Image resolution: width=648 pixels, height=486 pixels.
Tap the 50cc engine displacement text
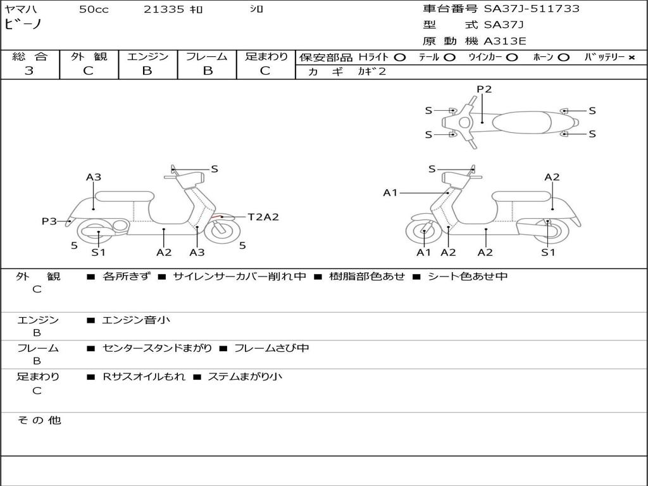point(94,9)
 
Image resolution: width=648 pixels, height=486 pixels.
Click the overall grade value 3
point(29,71)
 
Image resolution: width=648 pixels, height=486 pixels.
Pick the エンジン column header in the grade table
point(147,56)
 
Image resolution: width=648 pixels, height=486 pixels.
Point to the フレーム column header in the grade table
point(207,56)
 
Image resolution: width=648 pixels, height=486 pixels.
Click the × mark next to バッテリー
point(631,57)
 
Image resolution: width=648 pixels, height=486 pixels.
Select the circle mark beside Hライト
point(399,57)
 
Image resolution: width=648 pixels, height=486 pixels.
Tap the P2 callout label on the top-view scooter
point(484,89)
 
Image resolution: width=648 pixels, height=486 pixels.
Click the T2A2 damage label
point(263,217)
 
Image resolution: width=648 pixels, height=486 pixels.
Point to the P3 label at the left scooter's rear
point(49,221)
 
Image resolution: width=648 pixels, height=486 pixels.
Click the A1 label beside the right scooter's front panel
point(390,192)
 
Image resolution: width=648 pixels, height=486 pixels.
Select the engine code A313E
point(505,41)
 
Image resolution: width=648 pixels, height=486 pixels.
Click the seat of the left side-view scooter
point(125,196)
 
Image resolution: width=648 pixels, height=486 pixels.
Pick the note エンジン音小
point(136,320)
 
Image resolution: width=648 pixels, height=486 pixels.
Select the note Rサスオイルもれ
point(144,377)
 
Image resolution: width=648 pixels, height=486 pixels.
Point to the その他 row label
point(39,420)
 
